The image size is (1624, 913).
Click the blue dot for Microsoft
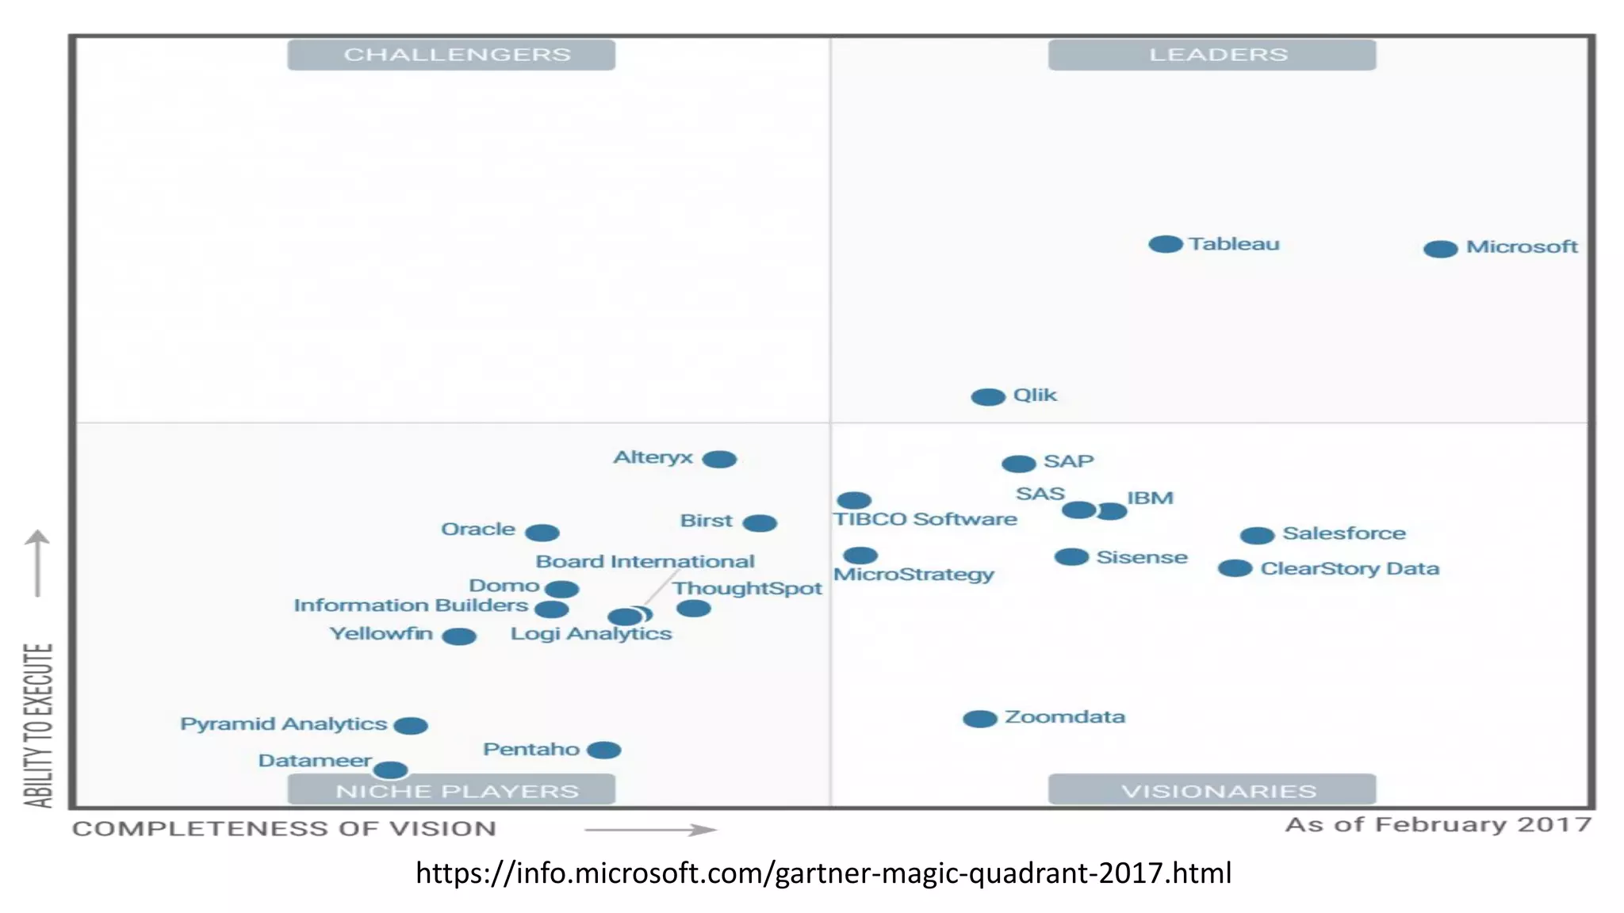pos(1440,249)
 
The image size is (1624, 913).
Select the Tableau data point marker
pos(1165,244)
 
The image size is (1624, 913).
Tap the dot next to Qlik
pos(987,397)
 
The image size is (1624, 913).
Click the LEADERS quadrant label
pos(1212,55)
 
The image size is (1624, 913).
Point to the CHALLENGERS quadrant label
pos(451,55)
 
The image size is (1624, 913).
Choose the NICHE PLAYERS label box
pos(451,790)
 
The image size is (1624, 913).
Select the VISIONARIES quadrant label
pos(1212,790)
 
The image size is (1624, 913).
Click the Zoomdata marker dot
pos(979,719)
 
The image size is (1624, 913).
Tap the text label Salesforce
pos(1344,533)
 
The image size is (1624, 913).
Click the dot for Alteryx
pos(719,460)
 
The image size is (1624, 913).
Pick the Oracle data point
pos(542,533)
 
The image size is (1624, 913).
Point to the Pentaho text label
pos(531,749)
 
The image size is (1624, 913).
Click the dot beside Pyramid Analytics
pos(411,725)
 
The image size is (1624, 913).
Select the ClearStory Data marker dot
pos(1235,568)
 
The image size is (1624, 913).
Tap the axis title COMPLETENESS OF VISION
pos(284,828)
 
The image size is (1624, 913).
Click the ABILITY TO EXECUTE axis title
pos(38,725)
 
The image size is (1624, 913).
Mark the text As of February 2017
pos(1438,824)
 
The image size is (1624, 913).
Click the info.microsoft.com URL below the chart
pos(823,873)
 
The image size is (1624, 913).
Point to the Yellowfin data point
pos(458,636)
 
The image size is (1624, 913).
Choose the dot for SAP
pos(1018,464)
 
